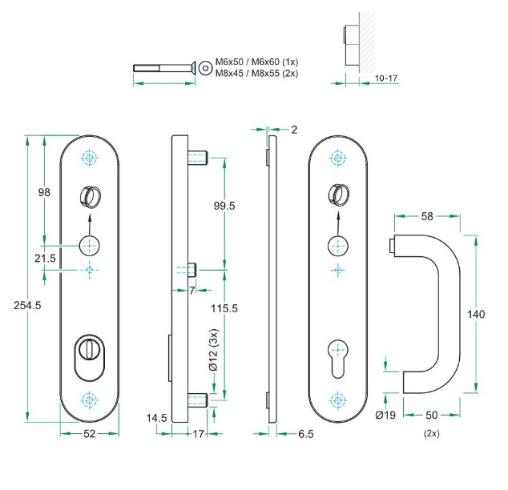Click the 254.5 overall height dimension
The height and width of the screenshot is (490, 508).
coord(27,305)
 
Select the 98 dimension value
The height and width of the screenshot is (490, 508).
coord(45,192)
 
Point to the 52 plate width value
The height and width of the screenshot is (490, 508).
coord(90,434)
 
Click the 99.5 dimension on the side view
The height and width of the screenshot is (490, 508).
coord(224,206)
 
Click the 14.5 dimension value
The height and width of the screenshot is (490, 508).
coord(156,417)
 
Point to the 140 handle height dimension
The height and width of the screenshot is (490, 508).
coord(476,315)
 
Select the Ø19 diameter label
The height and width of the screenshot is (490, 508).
coord(386,415)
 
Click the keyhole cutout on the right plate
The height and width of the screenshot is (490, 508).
coord(337,354)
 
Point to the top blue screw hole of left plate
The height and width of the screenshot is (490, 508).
coord(89,157)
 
